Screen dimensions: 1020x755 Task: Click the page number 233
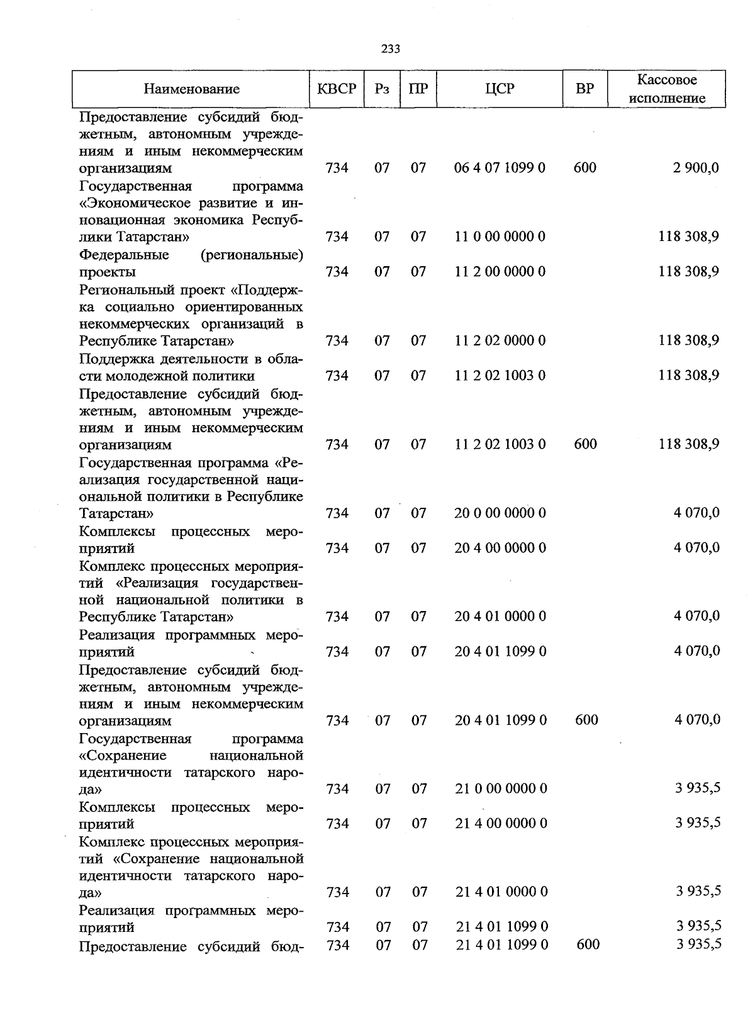tap(390, 49)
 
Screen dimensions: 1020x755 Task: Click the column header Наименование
tap(191, 89)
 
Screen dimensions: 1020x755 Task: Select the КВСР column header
tap(337, 89)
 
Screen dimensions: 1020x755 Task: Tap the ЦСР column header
tap(500, 89)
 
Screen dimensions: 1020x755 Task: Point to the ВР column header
tap(584, 89)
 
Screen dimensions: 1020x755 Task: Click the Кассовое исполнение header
tap(667, 89)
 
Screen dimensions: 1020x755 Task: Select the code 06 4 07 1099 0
tap(500, 168)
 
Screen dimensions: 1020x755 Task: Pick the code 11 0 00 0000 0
tap(500, 237)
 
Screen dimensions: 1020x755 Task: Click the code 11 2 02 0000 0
tap(500, 340)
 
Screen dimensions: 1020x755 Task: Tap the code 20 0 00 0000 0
tap(500, 513)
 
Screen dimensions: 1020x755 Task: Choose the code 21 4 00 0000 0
tap(501, 824)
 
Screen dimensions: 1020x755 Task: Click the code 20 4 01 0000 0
tap(500, 617)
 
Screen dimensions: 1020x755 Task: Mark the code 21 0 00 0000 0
tap(501, 789)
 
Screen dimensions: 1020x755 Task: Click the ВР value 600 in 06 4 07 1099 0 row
tap(585, 168)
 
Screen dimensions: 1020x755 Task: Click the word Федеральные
tap(124, 255)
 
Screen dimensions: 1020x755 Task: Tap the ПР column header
tap(418, 89)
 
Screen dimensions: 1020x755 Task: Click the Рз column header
tap(382, 89)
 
